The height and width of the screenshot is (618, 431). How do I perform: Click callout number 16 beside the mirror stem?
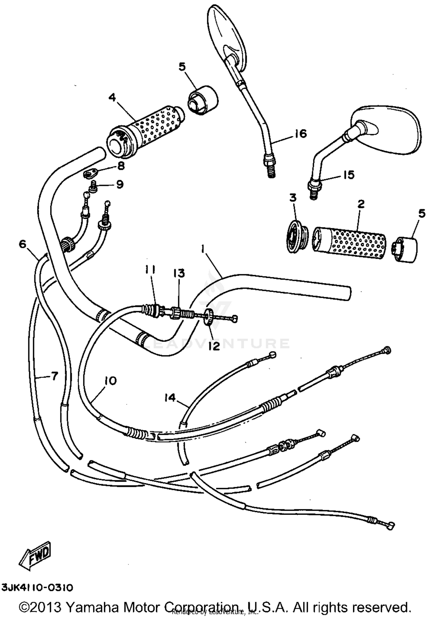[301, 133]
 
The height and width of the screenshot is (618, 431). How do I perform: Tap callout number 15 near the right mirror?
[349, 175]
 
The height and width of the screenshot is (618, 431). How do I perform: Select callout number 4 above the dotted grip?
[112, 98]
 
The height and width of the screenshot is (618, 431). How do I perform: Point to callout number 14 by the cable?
[170, 398]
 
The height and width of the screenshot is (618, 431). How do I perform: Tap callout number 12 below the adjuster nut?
[214, 346]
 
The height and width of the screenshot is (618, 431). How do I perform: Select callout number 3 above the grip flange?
[293, 198]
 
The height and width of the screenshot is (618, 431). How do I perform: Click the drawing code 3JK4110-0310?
[37, 588]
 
